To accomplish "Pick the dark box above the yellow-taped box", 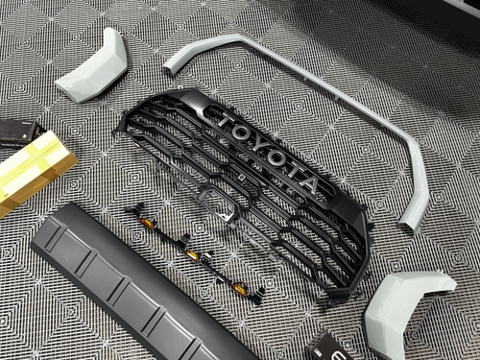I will [17, 130].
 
